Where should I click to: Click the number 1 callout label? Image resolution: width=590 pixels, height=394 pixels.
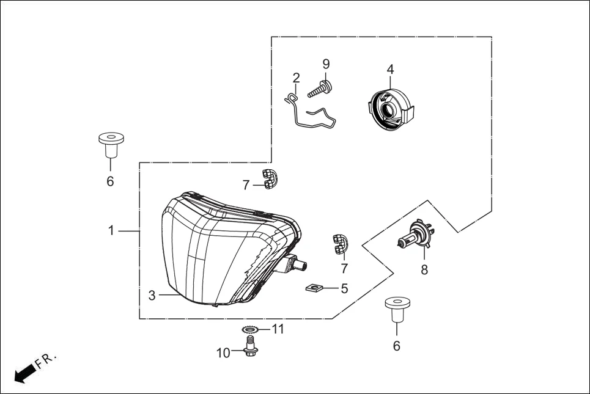tap(111, 231)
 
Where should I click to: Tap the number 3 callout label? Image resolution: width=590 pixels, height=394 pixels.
tap(152, 296)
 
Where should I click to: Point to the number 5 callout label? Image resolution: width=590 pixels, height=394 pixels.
tap(344, 288)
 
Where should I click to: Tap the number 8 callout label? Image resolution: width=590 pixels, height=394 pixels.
tap(424, 269)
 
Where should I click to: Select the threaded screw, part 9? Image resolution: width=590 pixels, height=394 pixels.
tap(319, 89)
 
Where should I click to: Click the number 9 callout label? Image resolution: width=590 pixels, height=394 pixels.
tap(326, 64)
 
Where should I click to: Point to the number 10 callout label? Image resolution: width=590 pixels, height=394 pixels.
tap(223, 352)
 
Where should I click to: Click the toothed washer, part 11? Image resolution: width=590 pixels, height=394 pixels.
tap(250, 330)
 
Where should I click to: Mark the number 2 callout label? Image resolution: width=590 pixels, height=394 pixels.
tap(296, 78)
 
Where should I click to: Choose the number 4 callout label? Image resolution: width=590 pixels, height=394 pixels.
tap(390, 70)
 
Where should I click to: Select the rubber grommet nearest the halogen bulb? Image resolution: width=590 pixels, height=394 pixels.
tap(397, 310)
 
